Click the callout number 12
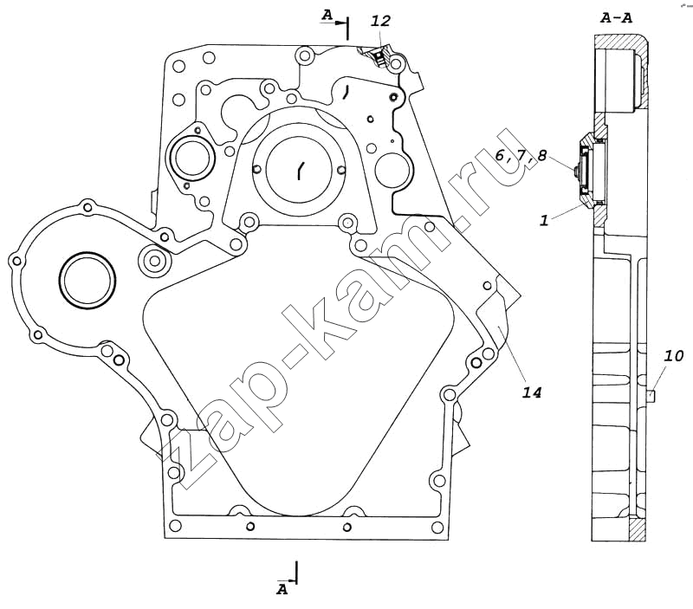click(x=380, y=21)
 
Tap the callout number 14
click(x=532, y=392)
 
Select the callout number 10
click(x=674, y=356)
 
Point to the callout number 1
click(x=544, y=220)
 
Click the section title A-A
click(x=617, y=18)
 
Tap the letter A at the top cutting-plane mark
click(x=327, y=16)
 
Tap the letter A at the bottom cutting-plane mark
click(x=282, y=589)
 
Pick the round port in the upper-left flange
click(x=191, y=158)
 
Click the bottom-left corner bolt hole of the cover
click(x=175, y=526)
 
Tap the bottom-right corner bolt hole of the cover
click(x=437, y=527)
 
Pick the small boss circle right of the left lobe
click(x=154, y=260)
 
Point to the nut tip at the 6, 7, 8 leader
click(x=575, y=170)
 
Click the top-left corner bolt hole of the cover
click(x=178, y=67)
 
